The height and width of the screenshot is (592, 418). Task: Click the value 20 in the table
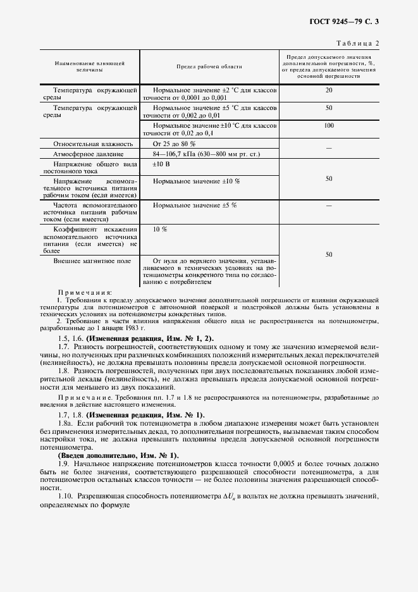[328, 90]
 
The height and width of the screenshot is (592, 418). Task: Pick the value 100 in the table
[328, 126]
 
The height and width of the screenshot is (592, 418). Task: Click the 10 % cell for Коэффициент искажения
[159, 228]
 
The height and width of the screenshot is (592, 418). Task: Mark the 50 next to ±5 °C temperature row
[328, 108]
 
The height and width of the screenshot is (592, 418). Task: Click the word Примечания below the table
[84, 293]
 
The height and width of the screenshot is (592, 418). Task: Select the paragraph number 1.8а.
[65, 421]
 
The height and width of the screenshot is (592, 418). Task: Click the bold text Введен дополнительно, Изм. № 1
[127, 455]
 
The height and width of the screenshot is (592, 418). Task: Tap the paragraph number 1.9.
[63, 465]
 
